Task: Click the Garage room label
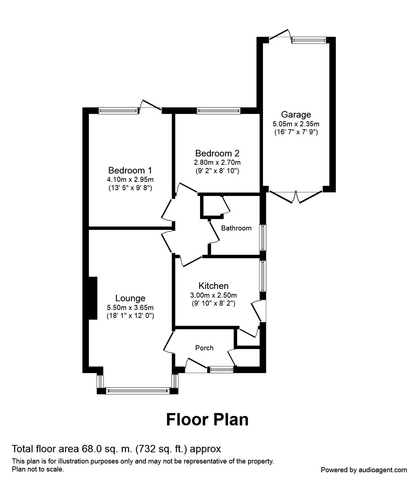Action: point(296,115)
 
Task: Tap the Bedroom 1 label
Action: point(130,170)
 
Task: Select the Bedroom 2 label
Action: point(217,153)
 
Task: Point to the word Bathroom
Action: point(236,228)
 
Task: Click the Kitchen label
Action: point(213,286)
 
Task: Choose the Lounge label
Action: point(130,298)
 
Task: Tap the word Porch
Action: point(204,348)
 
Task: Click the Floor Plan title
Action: point(207,419)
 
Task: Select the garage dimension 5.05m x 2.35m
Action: point(296,124)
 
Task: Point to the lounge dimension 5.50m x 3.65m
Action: point(130,308)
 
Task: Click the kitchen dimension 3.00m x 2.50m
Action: point(213,295)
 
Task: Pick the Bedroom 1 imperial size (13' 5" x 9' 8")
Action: point(130,188)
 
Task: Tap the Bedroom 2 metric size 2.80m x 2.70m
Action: point(217,162)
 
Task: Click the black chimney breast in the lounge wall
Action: point(93,298)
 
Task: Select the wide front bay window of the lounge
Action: point(138,391)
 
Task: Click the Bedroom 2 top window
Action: point(218,110)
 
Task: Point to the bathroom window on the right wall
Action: point(262,237)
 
